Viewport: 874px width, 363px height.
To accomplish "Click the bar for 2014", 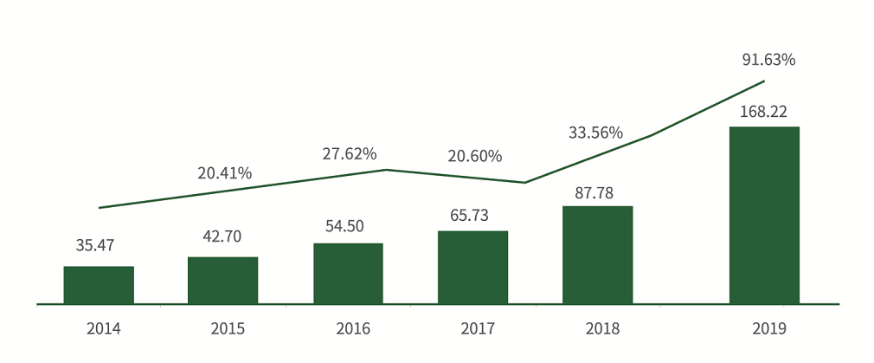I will click(x=99, y=285).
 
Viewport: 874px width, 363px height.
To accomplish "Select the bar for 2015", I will click(x=222, y=281).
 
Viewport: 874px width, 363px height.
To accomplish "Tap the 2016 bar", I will click(x=348, y=274).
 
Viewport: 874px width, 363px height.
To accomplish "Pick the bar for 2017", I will click(x=472, y=268).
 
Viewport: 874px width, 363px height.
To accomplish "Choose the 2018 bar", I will click(x=597, y=255).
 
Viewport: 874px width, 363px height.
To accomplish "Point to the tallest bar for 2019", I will click(x=764, y=216).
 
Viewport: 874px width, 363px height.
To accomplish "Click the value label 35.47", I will click(x=96, y=245).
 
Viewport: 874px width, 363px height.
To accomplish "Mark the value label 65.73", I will click(x=472, y=213).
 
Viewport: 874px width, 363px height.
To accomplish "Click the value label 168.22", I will click(x=762, y=112).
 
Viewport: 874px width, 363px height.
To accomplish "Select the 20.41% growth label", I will click(x=224, y=173).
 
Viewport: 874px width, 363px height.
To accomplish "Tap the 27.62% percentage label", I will click(x=349, y=153).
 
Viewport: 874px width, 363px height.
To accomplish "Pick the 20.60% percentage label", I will click(x=474, y=157).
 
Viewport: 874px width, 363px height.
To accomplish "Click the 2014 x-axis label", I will click(x=103, y=328).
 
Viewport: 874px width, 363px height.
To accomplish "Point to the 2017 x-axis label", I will click(x=477, y=328).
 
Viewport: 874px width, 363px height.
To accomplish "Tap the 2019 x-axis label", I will click(x=768, y=328).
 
